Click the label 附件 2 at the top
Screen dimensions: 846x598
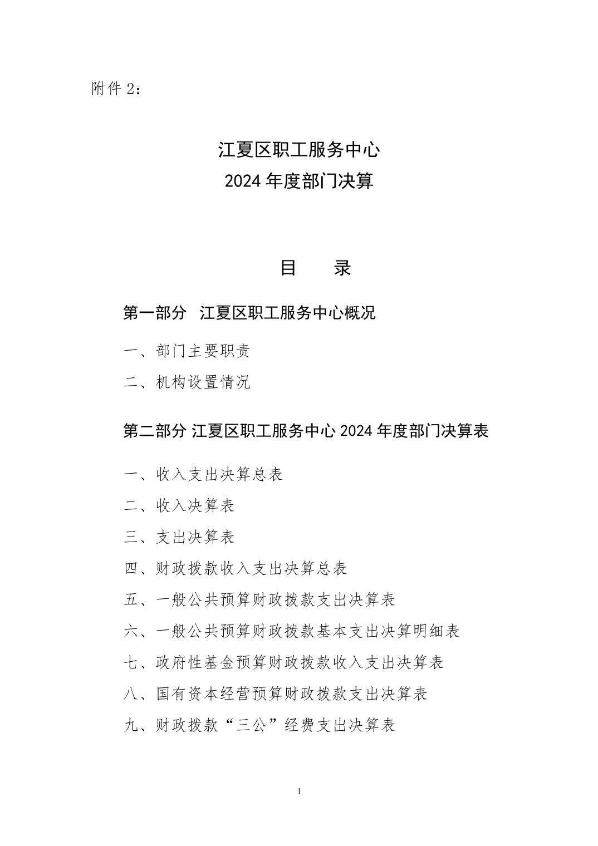point(116,88)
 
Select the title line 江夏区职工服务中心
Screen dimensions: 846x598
point(299,149)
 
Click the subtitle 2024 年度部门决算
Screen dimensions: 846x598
point(299,181)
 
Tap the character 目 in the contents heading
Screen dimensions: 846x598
point(288,268)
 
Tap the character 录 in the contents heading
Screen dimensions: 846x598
point(342,268)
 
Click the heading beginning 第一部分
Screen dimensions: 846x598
point(249,313)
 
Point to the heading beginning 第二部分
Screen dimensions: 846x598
point(306,431)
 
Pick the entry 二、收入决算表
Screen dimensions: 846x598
point(179,505)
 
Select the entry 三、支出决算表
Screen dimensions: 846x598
point(179,537)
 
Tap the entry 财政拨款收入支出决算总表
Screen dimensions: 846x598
point(236,568)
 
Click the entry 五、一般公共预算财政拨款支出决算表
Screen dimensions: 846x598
point(259,599)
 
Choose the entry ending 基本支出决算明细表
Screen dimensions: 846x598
point(292,631)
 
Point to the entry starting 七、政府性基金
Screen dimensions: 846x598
point(283,662)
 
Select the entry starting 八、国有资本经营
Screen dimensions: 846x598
point(276,694)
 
